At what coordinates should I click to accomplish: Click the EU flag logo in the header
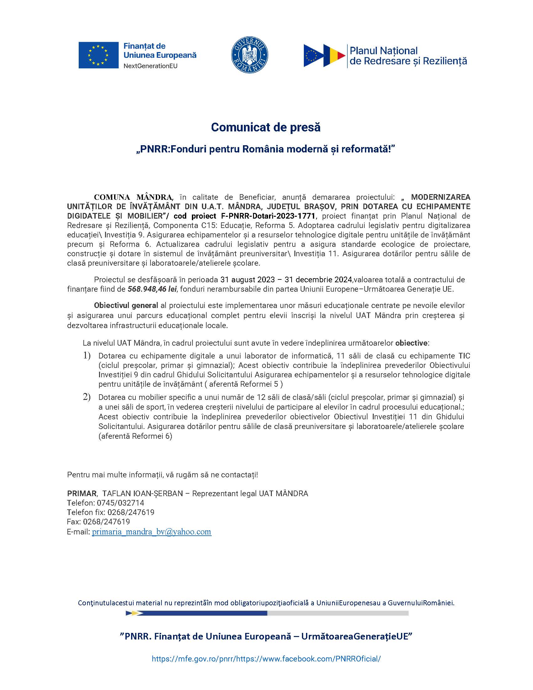point(98,55)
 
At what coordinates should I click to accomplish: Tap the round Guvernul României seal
point(250,55)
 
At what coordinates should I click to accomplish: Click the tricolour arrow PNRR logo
point(324,56)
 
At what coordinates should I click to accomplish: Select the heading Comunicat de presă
point(266,127)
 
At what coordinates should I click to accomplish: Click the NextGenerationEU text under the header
point(150,66)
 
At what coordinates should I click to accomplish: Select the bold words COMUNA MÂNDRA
point(133,198)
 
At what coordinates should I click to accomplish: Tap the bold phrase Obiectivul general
point(126,305)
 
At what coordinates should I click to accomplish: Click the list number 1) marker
point(87,355)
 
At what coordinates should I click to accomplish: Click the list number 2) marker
point(87,397)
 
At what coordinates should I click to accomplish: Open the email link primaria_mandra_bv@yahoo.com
point(151,532)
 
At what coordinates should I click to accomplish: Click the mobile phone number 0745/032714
point(120,503)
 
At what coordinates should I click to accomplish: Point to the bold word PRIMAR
point(82,493)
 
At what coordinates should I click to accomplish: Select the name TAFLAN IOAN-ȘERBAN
point(142,493)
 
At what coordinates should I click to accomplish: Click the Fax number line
point(98,522)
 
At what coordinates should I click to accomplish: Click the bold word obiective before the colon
point(411,343)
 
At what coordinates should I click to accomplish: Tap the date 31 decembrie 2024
point(318,279)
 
